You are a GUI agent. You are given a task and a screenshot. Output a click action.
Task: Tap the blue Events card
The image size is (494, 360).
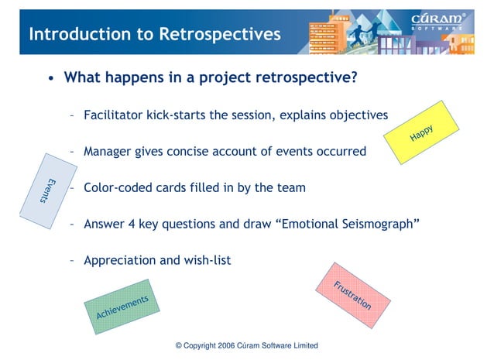tap(47, 190)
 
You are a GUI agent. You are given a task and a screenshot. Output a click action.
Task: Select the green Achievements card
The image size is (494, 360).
tap(122, 307)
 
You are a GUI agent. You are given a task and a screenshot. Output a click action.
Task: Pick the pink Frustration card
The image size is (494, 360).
tap(352, 295)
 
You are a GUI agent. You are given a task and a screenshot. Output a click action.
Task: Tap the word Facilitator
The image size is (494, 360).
tap(117, 115)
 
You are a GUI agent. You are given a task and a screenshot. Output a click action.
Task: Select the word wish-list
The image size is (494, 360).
tap(206, 261)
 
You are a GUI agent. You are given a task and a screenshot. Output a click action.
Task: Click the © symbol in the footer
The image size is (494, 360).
tap(179, 345)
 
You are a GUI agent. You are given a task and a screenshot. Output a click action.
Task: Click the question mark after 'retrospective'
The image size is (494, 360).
tap(353, 78)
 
